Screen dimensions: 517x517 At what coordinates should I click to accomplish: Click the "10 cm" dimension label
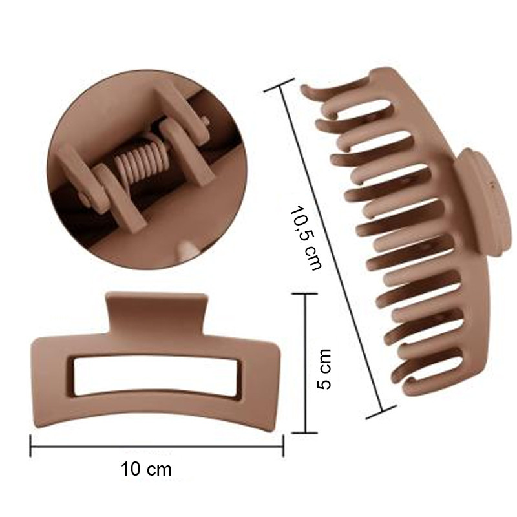(146, 469)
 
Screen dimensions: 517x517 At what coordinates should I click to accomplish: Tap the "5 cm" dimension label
(324, 368)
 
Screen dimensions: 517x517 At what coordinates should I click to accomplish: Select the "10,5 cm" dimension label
(305, 238)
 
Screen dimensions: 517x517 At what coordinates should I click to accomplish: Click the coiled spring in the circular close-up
(138, 162)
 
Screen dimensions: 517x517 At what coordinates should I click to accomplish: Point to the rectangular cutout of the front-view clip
(156, 376)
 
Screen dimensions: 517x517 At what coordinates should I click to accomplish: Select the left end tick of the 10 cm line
(30, 446)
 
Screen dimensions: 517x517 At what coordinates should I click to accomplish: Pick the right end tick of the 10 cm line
(283, 446)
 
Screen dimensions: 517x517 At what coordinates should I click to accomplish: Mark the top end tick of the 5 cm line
(305, 294)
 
